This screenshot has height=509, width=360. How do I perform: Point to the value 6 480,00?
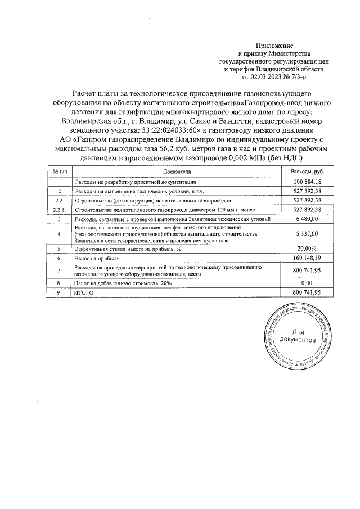[x=307, y=218]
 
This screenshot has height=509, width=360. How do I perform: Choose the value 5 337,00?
[x=307, y=233]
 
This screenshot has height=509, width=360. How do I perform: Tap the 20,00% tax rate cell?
[x=307, y=248]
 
